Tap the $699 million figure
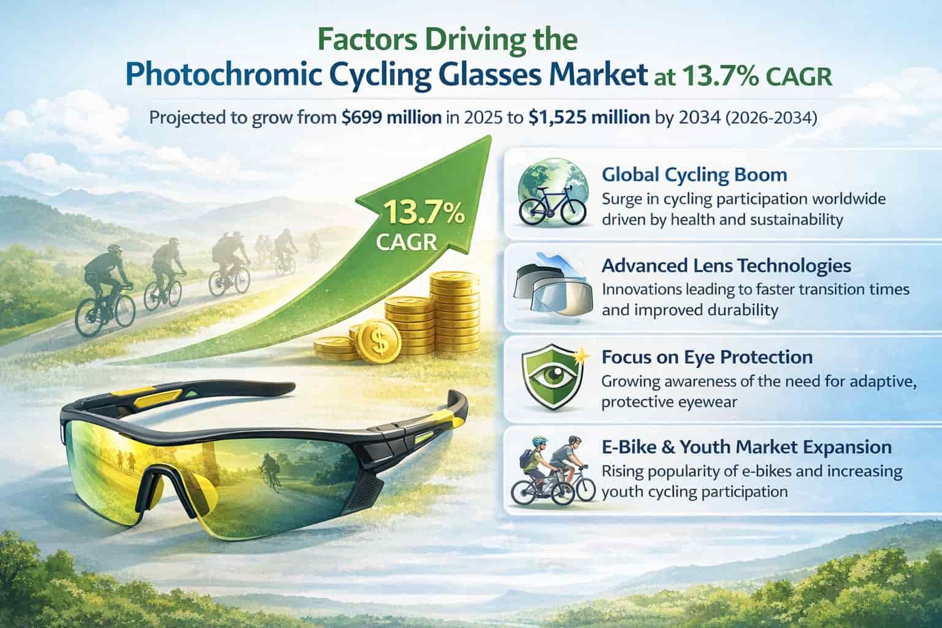click(391, 117)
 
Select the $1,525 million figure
click(589, 117)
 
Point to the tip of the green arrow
click(491, 136)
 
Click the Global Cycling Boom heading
click(694, 175)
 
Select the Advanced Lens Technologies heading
click(726, 266)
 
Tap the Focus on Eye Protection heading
click(707, 357)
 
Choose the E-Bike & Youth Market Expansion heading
click(746, 447)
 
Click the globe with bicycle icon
click(553, 193)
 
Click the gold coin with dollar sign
click(380, 341)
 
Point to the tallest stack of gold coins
click(456, 313)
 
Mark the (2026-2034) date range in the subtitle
click(772, 118)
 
